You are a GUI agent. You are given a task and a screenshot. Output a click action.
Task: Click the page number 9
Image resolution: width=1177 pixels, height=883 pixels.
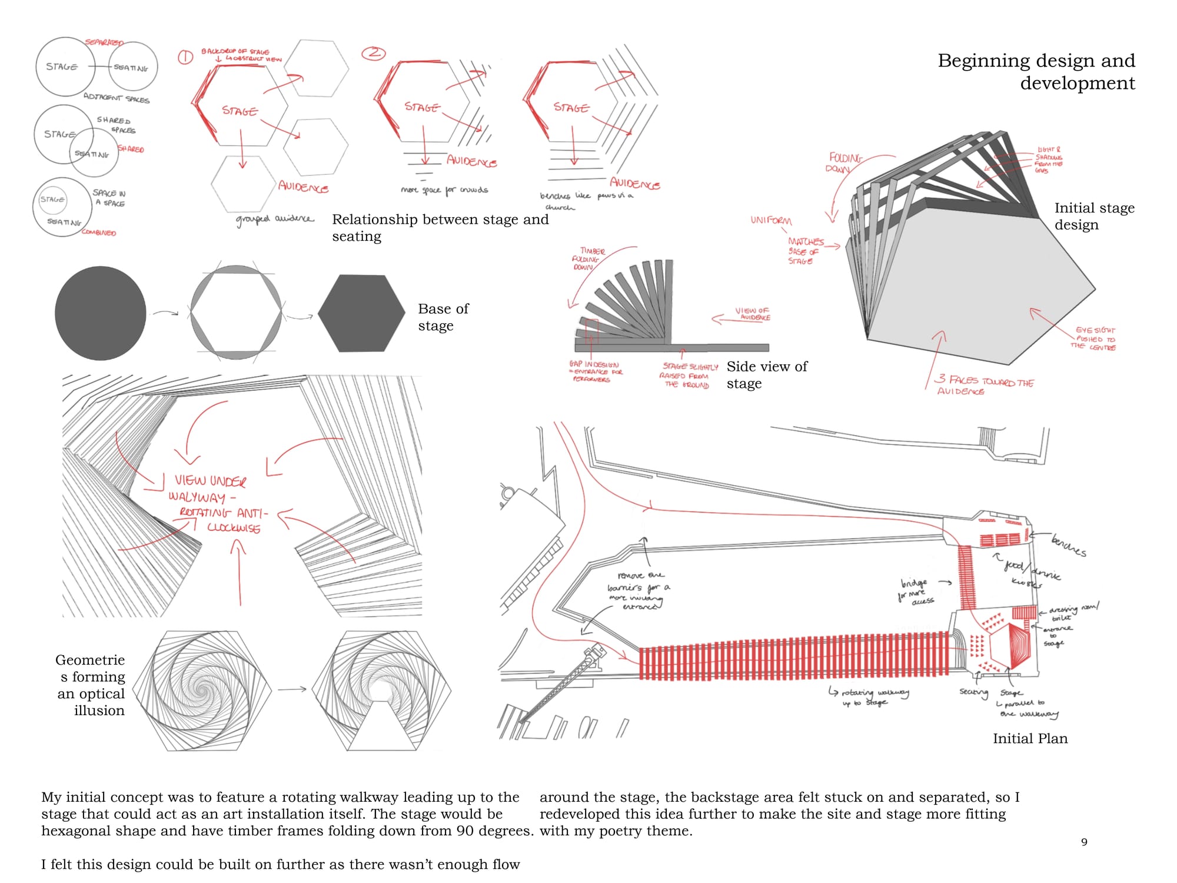coord(1084,842)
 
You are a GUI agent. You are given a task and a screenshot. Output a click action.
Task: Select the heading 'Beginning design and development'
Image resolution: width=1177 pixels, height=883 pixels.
coord(1036,71)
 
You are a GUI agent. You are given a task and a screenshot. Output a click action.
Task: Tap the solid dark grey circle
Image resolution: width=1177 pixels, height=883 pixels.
coord(100,313)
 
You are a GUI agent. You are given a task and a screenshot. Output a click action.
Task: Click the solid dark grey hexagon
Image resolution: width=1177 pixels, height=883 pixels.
coord(361,313)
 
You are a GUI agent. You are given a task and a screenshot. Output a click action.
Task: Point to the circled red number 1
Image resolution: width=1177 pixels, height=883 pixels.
coord(185,57)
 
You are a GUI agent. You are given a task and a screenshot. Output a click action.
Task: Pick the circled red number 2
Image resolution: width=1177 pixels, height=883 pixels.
coord(373,53)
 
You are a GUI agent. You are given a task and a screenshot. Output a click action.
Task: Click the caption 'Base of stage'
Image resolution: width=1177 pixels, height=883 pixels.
coord(443,317)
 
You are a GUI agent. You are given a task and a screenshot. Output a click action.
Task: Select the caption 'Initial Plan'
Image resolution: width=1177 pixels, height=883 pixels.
coord(1030,738)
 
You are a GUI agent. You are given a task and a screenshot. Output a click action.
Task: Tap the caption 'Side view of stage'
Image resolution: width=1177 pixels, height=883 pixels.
coord(766,374)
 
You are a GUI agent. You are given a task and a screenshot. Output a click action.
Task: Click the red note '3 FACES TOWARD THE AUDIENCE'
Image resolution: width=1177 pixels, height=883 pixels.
coord(985,385)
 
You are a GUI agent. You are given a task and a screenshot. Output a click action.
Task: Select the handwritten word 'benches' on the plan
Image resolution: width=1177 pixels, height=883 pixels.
coord(1068,545)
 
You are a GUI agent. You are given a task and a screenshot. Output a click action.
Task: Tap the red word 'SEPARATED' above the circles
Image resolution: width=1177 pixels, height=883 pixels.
coord(104,42)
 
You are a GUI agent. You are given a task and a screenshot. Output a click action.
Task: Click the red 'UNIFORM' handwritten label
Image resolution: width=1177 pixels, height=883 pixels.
coord(771,220)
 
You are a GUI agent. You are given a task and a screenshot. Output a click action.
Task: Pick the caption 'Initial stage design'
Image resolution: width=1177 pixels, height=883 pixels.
coord(1093,216)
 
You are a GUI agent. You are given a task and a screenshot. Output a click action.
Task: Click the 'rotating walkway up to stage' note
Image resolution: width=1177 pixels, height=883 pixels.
coord(870,697)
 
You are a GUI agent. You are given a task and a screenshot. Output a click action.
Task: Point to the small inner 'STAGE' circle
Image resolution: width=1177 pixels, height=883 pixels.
coord(52,200)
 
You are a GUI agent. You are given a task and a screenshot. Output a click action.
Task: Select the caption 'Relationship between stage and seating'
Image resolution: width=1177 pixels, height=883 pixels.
coord(440,227)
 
